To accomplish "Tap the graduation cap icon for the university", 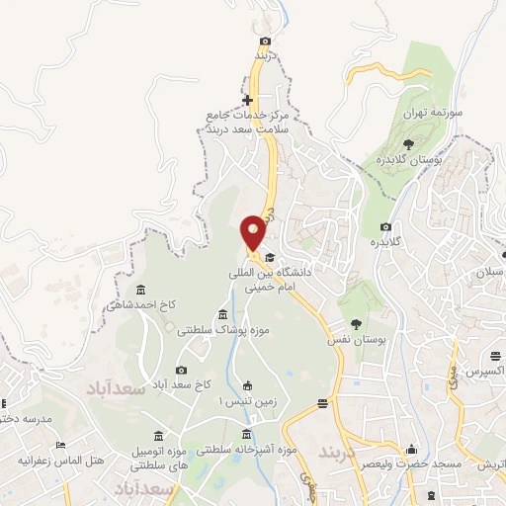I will pos(270,258).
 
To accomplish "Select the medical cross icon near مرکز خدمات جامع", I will pos(247,100).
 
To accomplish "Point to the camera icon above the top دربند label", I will pos(265,41).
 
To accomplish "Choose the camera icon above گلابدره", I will pos(385,227).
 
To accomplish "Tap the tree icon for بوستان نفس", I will pos(356,323).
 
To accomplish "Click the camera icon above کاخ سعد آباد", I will pos(181,370).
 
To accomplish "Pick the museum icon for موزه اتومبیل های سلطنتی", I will pos(159,436).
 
